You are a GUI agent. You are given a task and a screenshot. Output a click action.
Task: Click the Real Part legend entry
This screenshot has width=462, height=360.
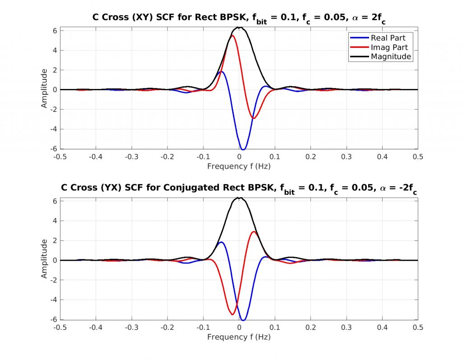tap(388, 38)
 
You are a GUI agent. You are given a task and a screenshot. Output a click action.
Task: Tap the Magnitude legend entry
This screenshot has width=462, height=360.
tap(391, 57)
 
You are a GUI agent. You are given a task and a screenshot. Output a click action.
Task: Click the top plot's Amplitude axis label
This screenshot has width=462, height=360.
tap(44, 88)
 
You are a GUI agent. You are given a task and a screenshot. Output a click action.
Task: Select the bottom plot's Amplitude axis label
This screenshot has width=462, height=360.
tap(44, 259)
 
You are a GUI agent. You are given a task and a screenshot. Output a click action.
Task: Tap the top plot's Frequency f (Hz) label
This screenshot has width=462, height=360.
tap(239, 166)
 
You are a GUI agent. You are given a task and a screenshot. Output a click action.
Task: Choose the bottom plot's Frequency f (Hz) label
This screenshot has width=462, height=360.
tap(239, 337)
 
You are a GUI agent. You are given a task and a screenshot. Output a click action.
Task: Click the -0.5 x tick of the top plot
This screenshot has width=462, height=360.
tap(60, 157)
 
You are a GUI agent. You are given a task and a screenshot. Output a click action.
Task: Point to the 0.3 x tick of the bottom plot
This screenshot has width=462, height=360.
tap(346, 327)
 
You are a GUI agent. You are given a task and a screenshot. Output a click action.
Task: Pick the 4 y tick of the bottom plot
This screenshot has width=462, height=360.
tap(55, 221)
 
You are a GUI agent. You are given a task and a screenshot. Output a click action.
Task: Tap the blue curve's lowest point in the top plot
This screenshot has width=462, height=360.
tap(243, 149)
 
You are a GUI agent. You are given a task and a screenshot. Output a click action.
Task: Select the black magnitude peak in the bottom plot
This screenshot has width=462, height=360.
tap(240, 198)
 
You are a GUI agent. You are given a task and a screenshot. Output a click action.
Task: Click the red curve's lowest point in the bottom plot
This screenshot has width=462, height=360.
tap(232, 314)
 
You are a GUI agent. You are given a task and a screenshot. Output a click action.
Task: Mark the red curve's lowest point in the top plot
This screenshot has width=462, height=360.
tap(254, 119)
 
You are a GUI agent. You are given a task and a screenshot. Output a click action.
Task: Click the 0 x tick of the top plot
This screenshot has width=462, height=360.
tap(239, 157)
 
